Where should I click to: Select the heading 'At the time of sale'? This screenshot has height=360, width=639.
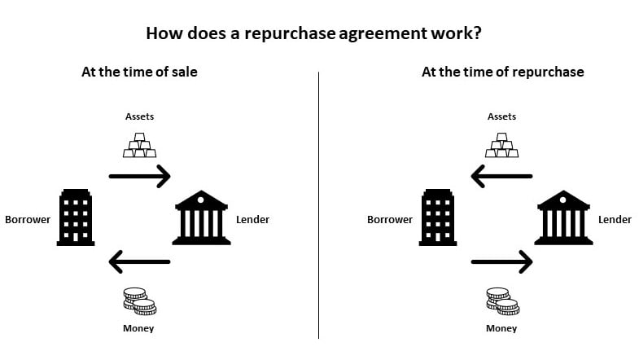coord(139,72)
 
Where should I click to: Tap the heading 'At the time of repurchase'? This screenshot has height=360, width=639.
coord(502,72)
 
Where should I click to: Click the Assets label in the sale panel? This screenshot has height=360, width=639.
coord(139,116)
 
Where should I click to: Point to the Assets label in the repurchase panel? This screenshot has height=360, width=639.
coord(502,116)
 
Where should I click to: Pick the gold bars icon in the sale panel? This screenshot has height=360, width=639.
coord(139,145)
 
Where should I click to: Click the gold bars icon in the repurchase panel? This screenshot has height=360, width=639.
coord(502,145)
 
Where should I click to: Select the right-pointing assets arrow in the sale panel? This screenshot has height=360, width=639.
coord(139,175)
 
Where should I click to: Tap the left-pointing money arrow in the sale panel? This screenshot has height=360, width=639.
coord(139,261)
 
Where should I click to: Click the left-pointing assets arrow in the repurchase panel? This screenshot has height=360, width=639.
coord(502,175)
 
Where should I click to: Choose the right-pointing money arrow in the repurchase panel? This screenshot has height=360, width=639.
coord(502,261)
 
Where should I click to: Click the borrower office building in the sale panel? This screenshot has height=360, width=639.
coord(76,217)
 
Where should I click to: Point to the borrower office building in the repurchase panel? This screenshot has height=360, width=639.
coord(438,217)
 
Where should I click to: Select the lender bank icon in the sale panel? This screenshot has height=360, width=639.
coord(201,217)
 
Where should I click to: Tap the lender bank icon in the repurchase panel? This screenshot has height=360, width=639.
coord(563,217)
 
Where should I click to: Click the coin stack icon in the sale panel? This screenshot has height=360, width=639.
coord(139,301)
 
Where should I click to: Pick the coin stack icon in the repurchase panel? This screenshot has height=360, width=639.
coord(502,301)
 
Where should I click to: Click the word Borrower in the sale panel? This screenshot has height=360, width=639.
coord(28,220)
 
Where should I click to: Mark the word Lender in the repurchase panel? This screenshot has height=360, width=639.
coord(615,220)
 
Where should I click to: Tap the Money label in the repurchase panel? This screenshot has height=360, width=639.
coord(501,328)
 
